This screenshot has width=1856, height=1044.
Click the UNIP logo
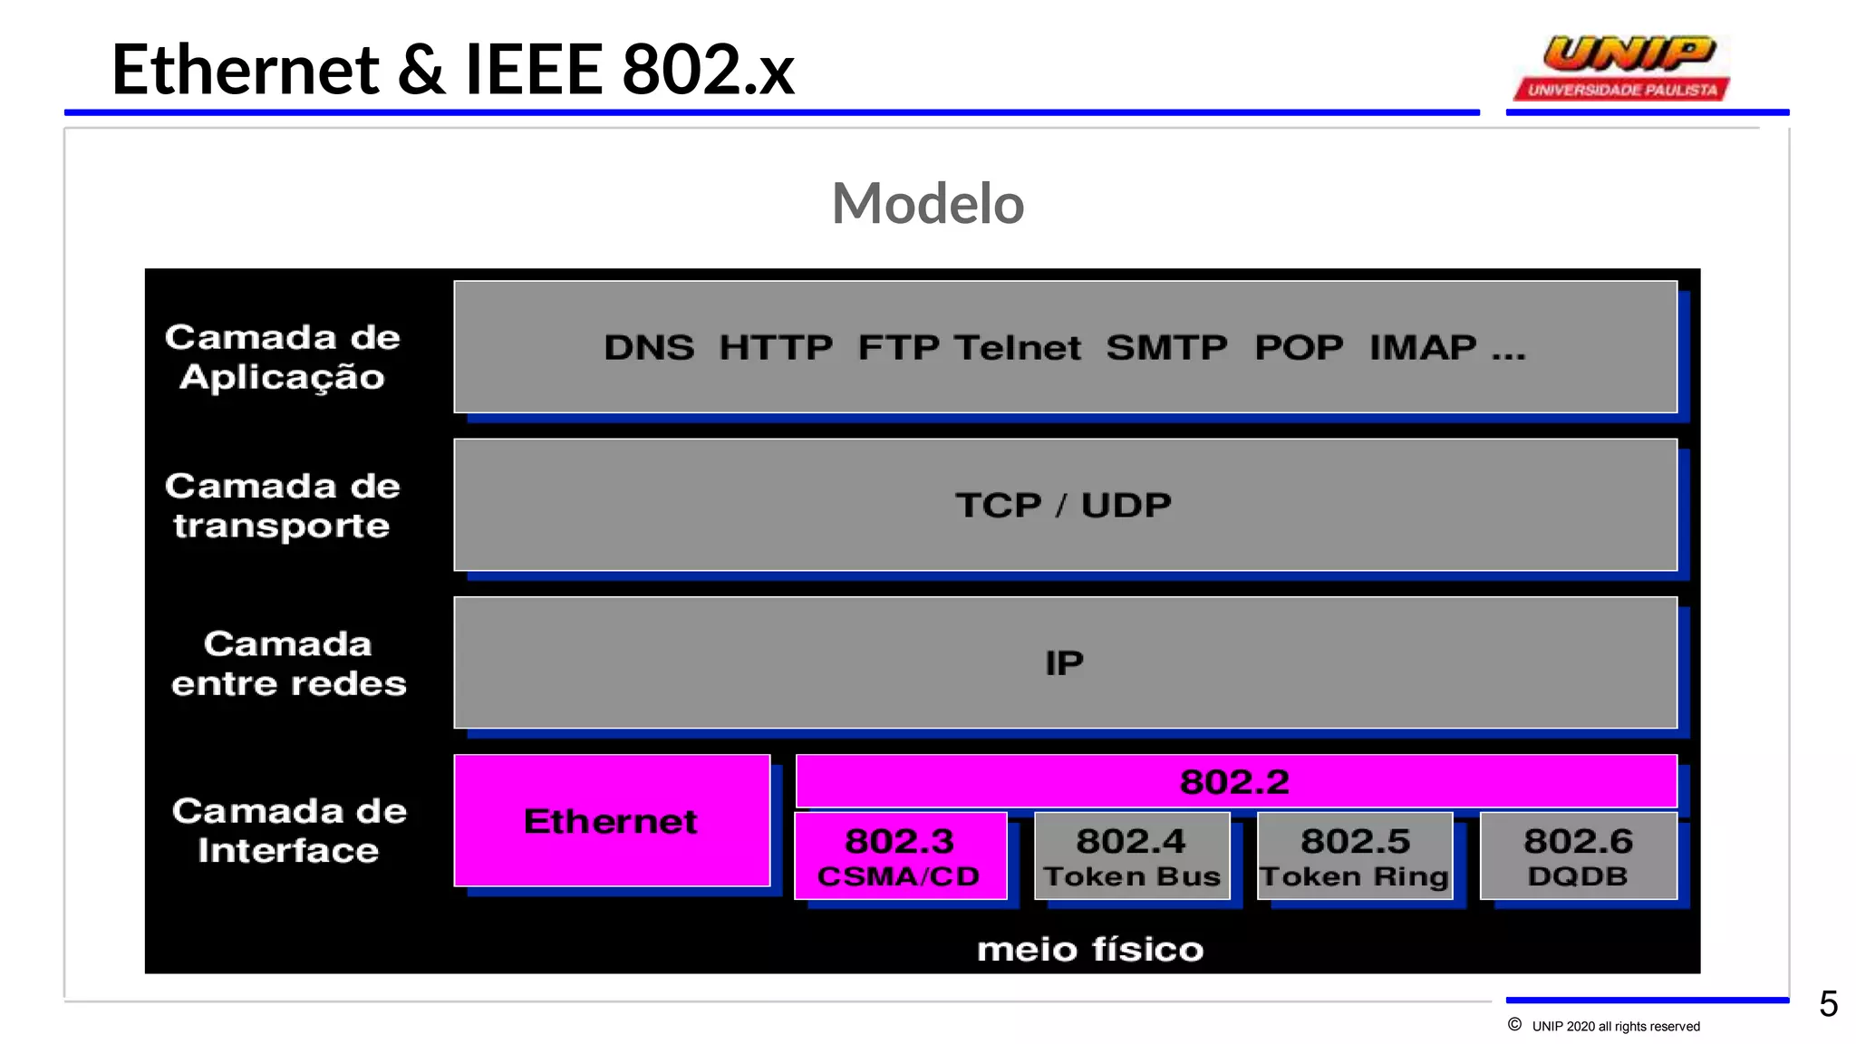(1622, 67)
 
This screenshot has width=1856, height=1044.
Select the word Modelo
(927, 203)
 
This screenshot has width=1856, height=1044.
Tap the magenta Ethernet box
(612, 821)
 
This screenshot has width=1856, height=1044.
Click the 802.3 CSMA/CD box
(900, 856)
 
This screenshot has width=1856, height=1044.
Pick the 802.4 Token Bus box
(1132, 856)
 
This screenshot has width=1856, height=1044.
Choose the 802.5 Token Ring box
(1355, 856)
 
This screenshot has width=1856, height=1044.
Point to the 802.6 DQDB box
(1578, 856)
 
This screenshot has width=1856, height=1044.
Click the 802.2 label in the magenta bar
(1234, 782)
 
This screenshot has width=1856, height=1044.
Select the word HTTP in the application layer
(776, 348)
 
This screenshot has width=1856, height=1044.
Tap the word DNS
(649, 348)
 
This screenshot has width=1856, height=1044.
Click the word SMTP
(1166, 348)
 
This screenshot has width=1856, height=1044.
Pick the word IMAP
(1423, 348)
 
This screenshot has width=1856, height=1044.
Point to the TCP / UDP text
(1063, 506)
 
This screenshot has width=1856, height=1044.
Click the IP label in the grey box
(1064, 663)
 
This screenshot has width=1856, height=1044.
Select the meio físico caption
(1090, 950)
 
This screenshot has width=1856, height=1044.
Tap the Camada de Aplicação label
(283, 357)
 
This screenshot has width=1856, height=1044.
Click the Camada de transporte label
(283, 506)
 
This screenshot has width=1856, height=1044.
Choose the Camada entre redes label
(289, 663)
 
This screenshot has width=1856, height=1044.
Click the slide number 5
(1828, 1004)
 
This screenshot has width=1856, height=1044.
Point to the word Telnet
(1018, 348)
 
